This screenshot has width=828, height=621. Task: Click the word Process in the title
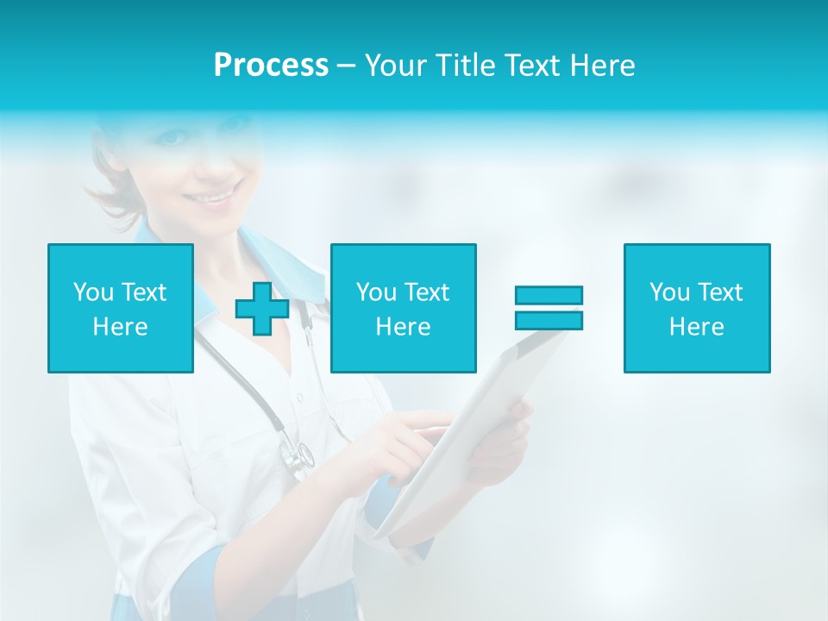tap(271, 66)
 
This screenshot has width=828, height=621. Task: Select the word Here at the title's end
tap(602, 66)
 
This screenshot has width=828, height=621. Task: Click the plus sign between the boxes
tap(262, 309)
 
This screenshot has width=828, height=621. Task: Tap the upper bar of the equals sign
tap(549, 295)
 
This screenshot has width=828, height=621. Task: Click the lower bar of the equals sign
tap(549, 320)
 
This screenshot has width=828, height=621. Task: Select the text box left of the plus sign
tap(121, 308)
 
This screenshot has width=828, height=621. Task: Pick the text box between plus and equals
tap(403, 308)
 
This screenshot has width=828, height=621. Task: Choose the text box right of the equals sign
tap(697, 308)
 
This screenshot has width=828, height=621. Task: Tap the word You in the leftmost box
tap(94, 292)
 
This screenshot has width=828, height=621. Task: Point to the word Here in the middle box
tap(403, 327)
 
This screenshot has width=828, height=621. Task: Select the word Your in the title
tap(396, 66)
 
